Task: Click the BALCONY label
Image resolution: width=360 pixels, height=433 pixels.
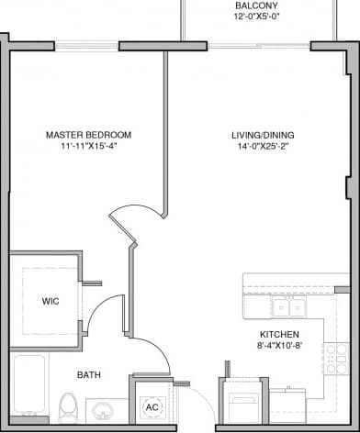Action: tap(251, 6)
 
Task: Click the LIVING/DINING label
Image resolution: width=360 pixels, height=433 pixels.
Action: tap(263, 135)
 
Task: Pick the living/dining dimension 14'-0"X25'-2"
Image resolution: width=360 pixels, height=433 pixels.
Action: tap(263, 146)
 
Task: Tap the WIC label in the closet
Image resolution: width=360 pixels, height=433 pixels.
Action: tap(51, 301)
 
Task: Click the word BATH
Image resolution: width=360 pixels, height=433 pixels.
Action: tap(89, 375)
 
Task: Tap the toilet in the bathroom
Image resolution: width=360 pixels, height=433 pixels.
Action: tap(67, 405)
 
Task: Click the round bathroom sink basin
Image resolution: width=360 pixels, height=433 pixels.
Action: tap(104, 409)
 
